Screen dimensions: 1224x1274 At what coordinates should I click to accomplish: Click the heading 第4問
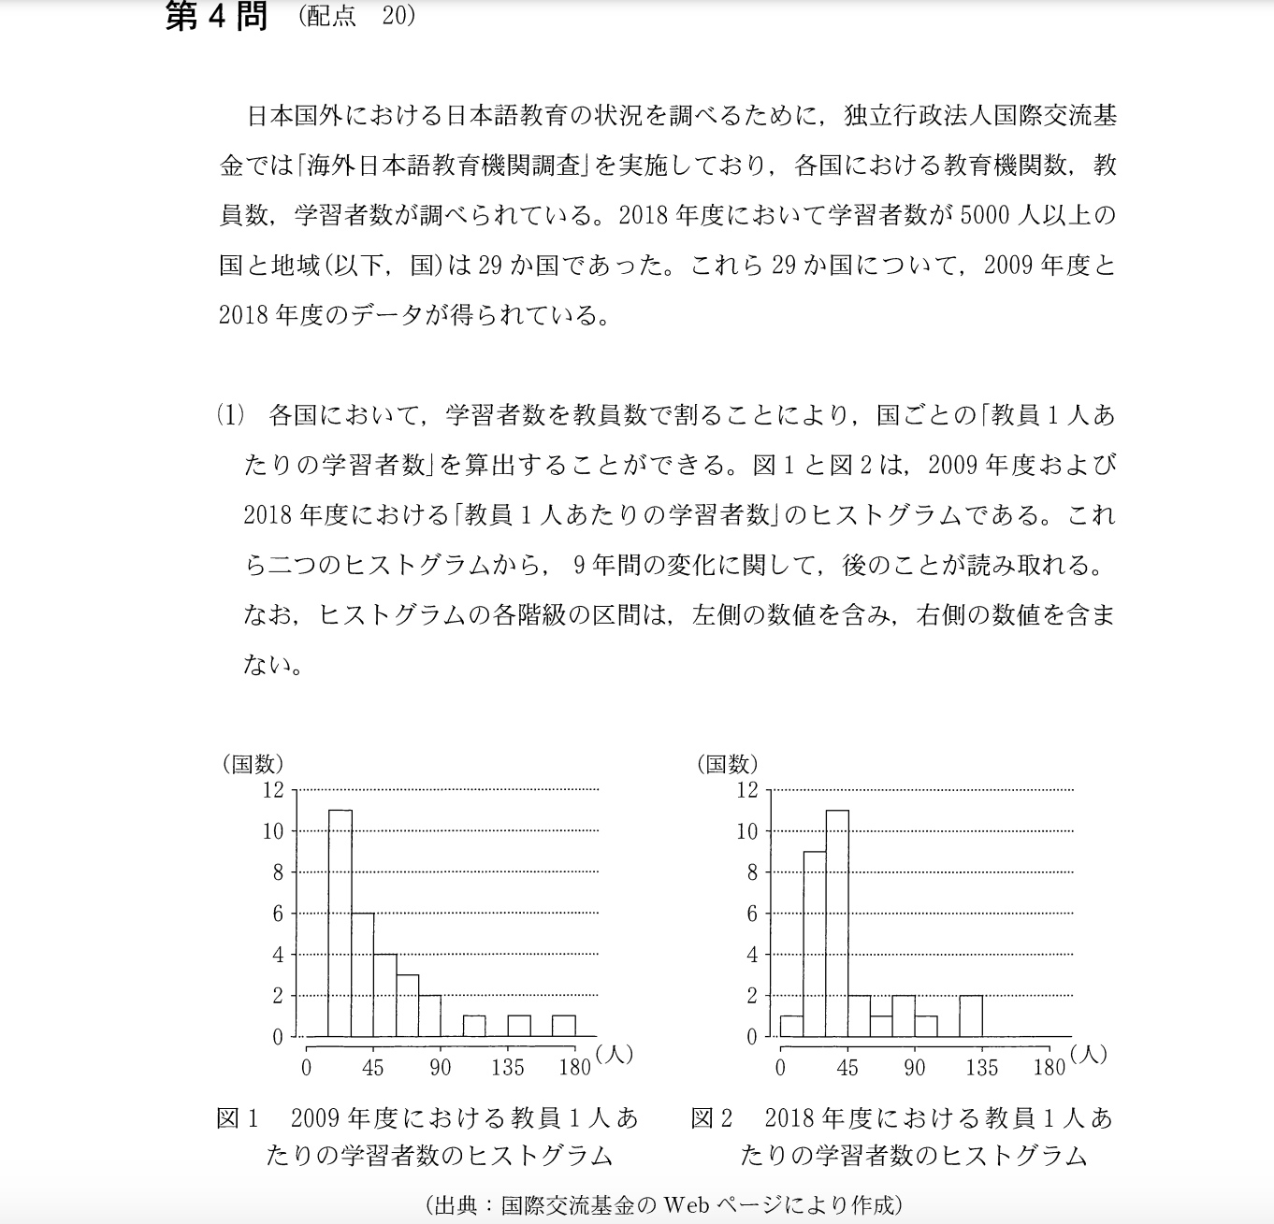coord(216,17)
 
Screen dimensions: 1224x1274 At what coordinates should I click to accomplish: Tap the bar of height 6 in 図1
coord(363,974)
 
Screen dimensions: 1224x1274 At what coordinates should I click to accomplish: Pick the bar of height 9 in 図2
coord(815,943)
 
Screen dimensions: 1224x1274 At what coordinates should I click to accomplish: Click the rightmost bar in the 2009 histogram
coord(564,1026)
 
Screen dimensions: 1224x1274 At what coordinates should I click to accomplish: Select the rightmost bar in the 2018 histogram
coord(971,1016)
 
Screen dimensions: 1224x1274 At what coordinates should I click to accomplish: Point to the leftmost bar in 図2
coord(791,1026)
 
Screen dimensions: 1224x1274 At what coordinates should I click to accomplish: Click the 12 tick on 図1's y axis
coord(273,790)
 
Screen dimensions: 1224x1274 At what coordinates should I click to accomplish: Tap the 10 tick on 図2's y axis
coord(746,831)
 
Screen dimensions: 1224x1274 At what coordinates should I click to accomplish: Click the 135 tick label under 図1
coord(508,1068)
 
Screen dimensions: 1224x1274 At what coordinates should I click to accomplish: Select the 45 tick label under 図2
coord(847,1068)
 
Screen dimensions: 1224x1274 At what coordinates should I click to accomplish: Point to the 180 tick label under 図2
coord(1050,1068)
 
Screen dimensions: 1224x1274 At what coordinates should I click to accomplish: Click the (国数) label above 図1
coord(253,764)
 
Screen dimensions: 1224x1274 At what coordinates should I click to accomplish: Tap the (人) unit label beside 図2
coord(1090,1054)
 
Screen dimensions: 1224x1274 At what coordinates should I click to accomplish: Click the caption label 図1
coord(237,1117)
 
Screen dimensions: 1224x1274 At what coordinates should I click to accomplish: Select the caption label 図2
coord(711,1117)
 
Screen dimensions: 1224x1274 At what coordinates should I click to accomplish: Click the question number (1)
coord(230,414)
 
